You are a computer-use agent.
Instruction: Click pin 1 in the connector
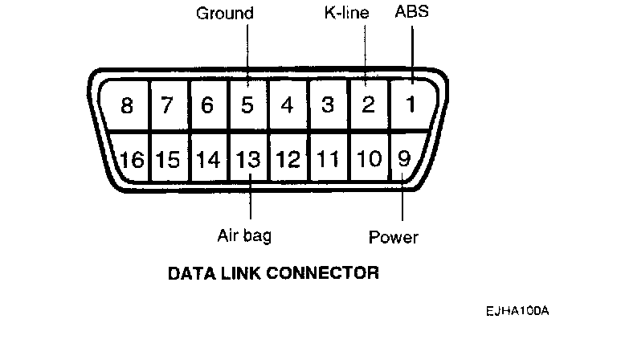pyautogui.click(x=410, y=105)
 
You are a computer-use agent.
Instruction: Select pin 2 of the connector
pyautogui.click(x=368, y=105)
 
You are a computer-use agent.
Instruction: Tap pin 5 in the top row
pyautogui.click(x=249, y=105)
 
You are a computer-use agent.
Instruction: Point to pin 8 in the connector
pyautogui.click(x=127, y=105)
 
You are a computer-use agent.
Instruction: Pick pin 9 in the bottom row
pyautogui.click(x=404, y=158)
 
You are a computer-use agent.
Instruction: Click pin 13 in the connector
pyautogui.click(x=249, y=159)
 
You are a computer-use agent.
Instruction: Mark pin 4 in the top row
pyautogui.click(x=288, y=105)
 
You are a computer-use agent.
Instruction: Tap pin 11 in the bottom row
pyautogui.click(x=328, y=159)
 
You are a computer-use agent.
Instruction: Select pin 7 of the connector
pyautogui.click(x=167, y=105)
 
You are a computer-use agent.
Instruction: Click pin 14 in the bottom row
pyautogui.click(x=208, y=159)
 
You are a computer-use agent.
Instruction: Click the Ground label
pyautogui.click(x=225, y=14)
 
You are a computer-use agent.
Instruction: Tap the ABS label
pyautogui.click(x=411, y=14)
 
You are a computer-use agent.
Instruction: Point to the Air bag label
pyautogui.click(x=244, y=235)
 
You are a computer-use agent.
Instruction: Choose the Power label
pyautogui.click(x=394, y=237)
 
